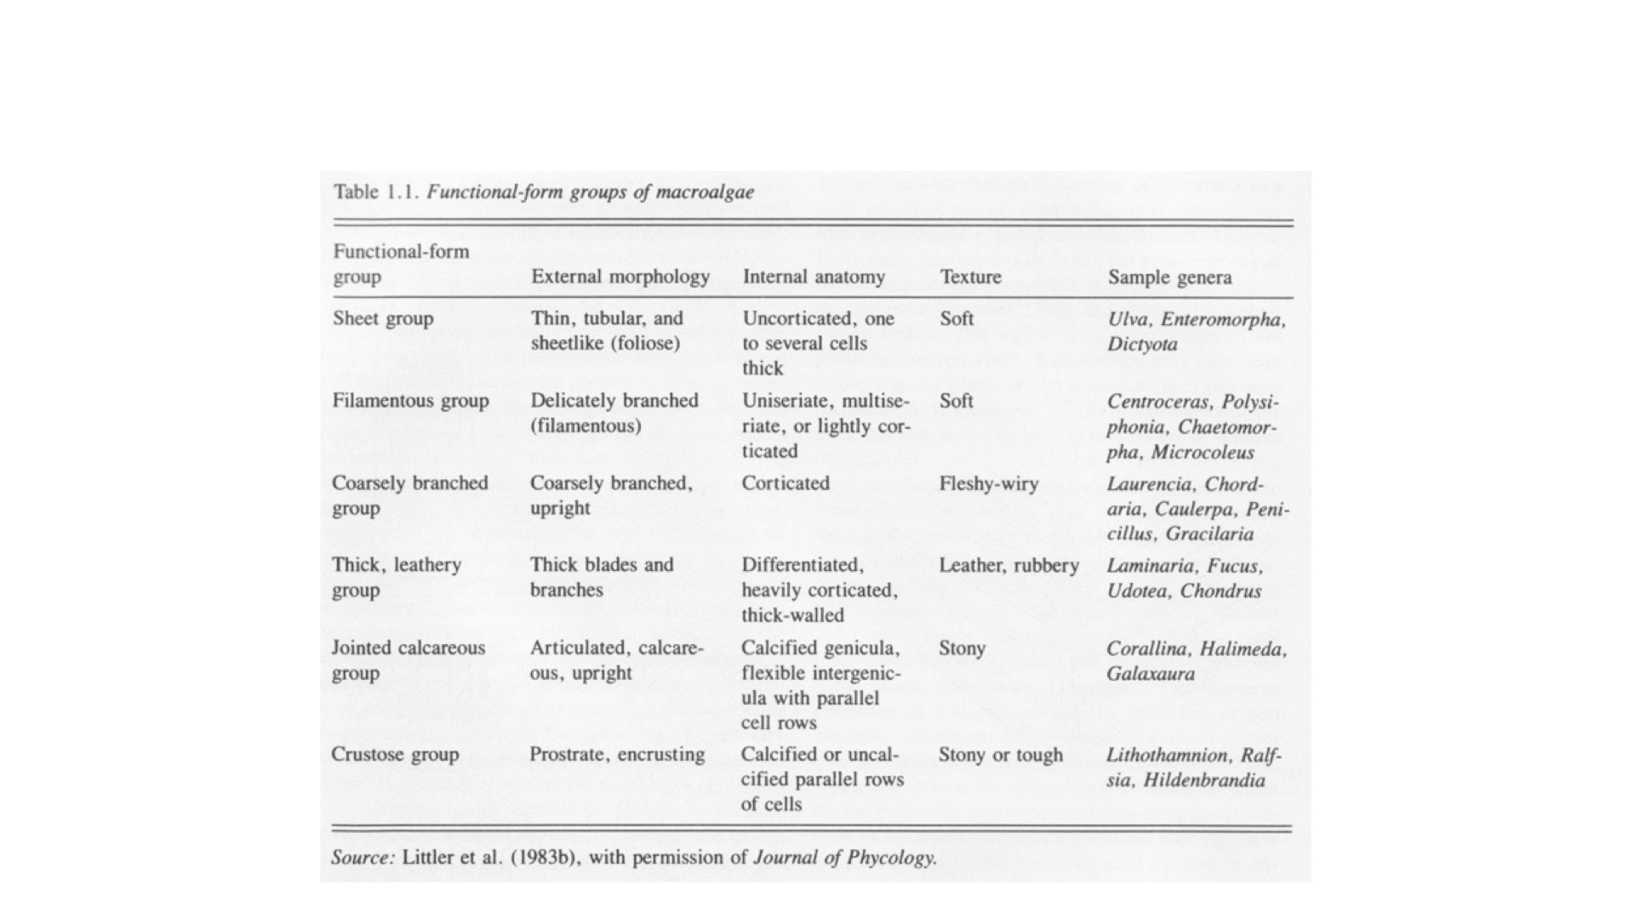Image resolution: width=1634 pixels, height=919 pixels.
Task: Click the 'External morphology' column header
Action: click(x=620, y=277)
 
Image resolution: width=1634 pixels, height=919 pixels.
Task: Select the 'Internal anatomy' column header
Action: click(x=814, y=277)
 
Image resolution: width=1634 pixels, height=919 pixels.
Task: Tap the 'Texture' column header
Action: click(x=970, y=277)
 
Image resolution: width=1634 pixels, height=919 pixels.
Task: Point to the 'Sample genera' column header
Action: click(x=1169, y=277)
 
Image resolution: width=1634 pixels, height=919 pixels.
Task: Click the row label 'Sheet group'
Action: click(x=383, y=319)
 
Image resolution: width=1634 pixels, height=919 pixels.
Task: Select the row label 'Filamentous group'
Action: click(x=410, y=401)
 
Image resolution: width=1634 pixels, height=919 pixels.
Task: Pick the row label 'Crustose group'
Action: click(x=394, y=755)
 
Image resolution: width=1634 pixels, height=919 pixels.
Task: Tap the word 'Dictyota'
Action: click(x=1142, y=345)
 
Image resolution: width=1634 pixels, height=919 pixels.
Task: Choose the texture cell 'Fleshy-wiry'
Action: click(x=988, y=484)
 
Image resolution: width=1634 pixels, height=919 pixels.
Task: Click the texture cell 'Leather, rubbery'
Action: click(x=1008, y=566)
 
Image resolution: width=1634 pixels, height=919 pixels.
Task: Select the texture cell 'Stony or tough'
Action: click(x=1000, y=755)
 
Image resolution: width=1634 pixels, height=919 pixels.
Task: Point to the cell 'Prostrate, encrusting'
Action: click(x=617, y=755)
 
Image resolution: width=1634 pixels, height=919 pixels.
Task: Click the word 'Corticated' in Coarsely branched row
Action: click(x=785, y=483)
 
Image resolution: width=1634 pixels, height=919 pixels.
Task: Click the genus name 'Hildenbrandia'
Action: click(x=1203, y=780)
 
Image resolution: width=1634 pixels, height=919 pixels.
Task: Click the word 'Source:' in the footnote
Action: click(x=363, y=857)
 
